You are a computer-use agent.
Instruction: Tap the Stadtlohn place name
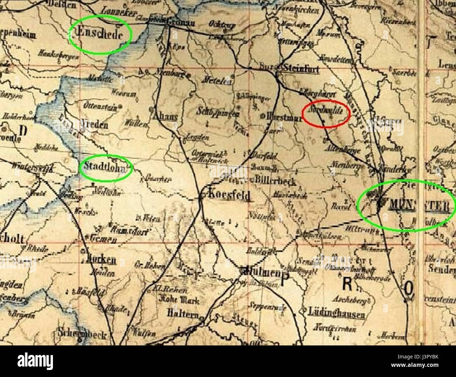pos(105,167)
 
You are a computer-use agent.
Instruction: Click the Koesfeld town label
pos(230,195)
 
